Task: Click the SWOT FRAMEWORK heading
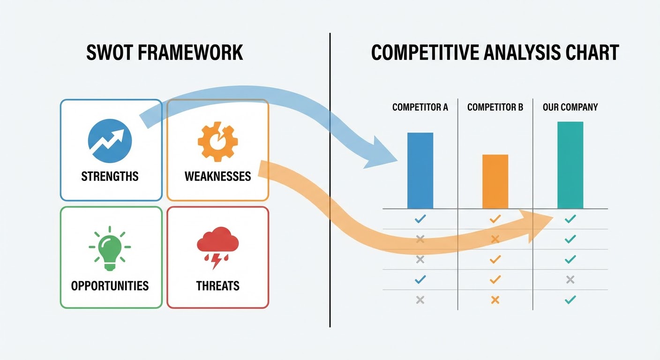click(165, 52)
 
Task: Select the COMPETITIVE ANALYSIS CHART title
click(495, 52)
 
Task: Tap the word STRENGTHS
click(110, 176)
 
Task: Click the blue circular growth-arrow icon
click(110, 141)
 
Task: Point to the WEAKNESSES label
click(217, 176)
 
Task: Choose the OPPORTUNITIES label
click(110, 285)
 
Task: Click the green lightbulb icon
click(110, 248)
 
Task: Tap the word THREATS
click(217, 285)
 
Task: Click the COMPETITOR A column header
click(420, 107)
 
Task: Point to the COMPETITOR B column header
click(495, 107)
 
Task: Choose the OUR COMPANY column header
click(570, 107)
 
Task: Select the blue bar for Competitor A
click(420, 171)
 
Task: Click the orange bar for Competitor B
click(495, 181)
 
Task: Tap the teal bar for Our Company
click(570, 165)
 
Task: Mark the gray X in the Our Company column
click(570, 280)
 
